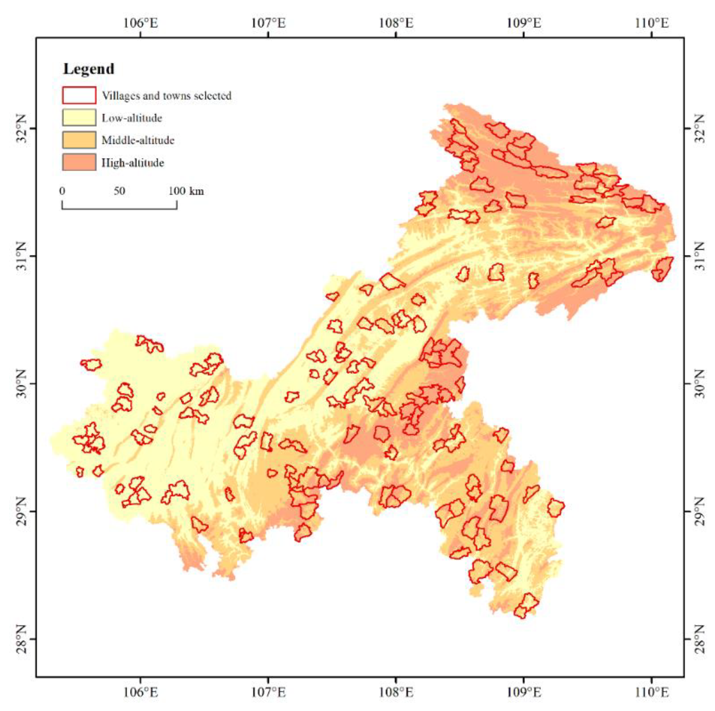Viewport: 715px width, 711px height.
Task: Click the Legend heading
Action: pyautogui.click(x=89, y=69)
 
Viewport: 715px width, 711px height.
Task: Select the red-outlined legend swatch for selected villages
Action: pyautogui.click(x=79, y=95)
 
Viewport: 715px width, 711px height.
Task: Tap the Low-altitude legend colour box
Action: pyautogui.click(x=79, y=118)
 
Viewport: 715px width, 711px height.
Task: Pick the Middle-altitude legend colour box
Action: pyautogui.click(x=79, y=140)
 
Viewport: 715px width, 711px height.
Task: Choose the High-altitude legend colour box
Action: pyautogui.click(x=79, y=162)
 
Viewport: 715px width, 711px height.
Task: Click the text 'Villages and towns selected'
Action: pyautogui.click(x=167, y=96)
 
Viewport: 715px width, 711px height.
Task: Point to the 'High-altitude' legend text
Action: pyautogui.click(x=133, y=163)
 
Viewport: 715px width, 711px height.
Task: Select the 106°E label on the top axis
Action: pyautogui.click(x=141, y=23)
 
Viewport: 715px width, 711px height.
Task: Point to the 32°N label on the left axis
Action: pyautogui.click(x=20, y=128)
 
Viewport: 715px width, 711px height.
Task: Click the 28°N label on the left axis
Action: pyautogui.click(x=20, y=639)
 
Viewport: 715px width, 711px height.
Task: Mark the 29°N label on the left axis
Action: pyautogui.click(x=20, y=511)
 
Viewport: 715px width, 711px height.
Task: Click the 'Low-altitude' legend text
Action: pyautogui.click(x=132, y=118)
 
